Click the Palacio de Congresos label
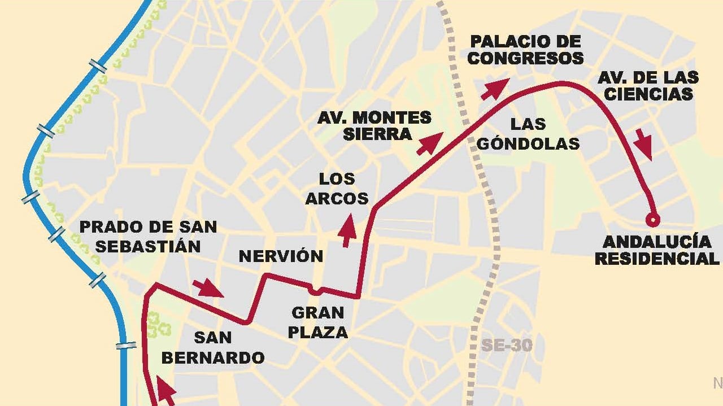(525, 50)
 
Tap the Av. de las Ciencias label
(648, 85)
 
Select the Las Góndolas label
(528, 134)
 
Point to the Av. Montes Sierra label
(374, 126)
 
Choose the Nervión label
(281, 256)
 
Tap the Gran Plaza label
(317, 322)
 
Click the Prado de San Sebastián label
(148, 236)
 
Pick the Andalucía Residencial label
(657, 250)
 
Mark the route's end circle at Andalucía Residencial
(653, 219)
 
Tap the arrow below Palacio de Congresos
(494, 89)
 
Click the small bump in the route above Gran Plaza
(316, 292)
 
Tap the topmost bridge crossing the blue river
(98, 67)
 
